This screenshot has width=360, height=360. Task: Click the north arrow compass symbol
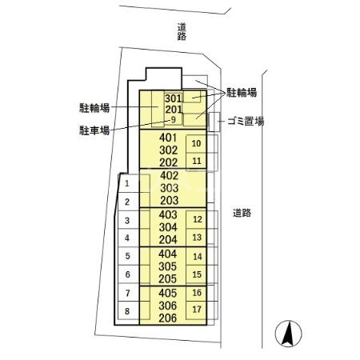pos(288,334)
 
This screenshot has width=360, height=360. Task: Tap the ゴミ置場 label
pos(246,122)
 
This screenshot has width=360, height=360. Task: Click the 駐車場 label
pos(94,130)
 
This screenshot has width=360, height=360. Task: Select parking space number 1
pos(127,183)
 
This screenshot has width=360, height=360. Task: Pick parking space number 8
pos(127,311)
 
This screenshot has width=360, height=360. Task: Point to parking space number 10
pos(196,143)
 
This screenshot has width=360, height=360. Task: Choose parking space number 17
pos(197,310)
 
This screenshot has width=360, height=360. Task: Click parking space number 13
pos(197,237)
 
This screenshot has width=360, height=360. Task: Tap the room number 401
pos(168,138)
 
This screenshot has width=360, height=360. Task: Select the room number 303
pos(170,188)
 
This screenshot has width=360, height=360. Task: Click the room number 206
pos(167,318)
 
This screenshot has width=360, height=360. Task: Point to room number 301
pos(174,98)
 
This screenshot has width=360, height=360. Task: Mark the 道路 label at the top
pos(182,32)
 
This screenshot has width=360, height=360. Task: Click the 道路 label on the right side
pos(242,213)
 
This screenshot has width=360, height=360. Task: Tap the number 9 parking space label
pos(174,120)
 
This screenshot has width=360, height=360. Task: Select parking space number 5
pos(127,256)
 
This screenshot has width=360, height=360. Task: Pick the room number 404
pos(167,254)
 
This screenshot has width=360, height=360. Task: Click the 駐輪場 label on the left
pos(94,108)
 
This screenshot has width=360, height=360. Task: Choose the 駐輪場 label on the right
pos(242,93)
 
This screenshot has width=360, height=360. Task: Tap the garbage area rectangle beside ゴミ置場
pos(214,122)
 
